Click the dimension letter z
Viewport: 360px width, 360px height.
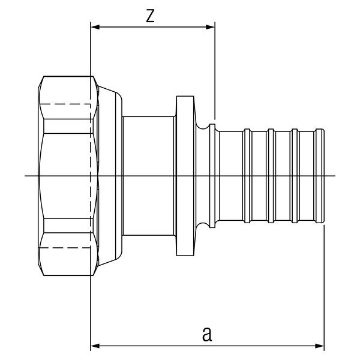151,16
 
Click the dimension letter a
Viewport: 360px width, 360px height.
207,334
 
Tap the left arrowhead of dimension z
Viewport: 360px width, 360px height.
94,27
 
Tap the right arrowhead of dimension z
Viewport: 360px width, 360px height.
211,27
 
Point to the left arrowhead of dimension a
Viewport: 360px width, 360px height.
94,346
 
